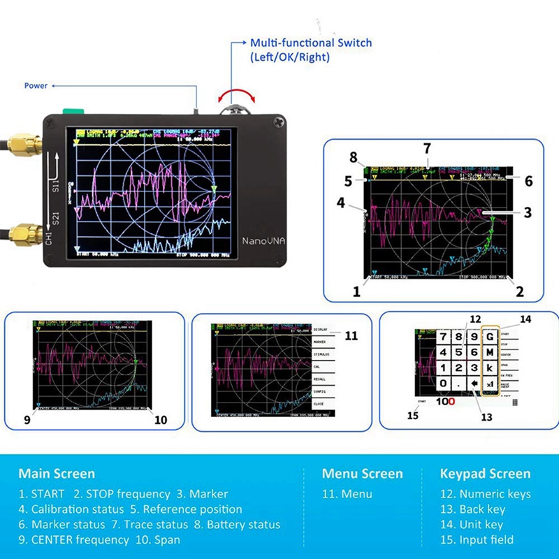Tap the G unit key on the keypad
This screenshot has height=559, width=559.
click(x=490, y=337)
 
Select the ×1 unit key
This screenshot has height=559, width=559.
click(x=490, y=383)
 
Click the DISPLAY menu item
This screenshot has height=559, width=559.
click(x=320, y=329)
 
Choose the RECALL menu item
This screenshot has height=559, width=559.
click(x=320, y=378)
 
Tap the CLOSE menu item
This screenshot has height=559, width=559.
click(x=320, y=403)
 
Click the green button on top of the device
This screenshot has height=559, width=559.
click(x=73, y=110)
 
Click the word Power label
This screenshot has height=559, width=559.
click(x=36, y=86)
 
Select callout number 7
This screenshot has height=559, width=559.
click(x=427, y=147)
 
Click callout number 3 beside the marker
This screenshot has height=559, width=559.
click(x=528, y=212)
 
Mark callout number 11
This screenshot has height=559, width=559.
click(x=351, y=336)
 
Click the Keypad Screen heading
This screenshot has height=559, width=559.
click(x=485, y=474)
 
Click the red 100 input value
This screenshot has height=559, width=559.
click(x=447, y=402)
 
